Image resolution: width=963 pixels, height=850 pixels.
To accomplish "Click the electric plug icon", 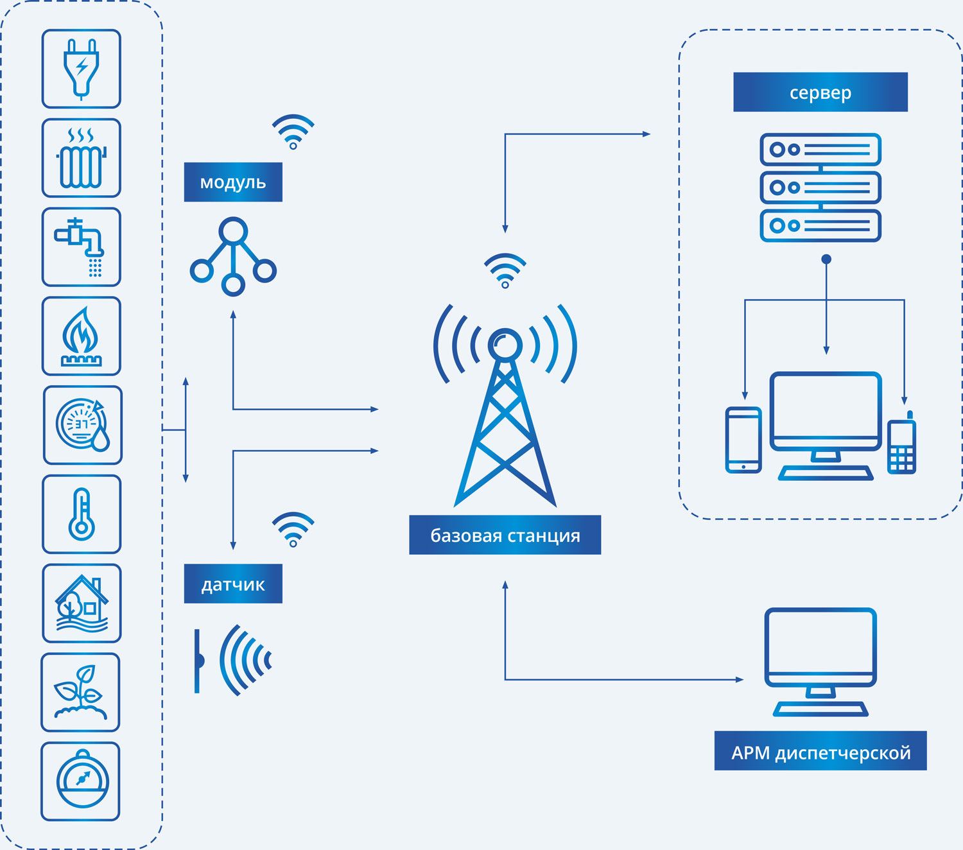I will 81,69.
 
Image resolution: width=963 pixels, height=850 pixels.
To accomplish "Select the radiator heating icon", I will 81,158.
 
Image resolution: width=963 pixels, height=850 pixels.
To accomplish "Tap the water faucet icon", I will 81,247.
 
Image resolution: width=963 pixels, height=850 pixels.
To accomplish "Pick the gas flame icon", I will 81,336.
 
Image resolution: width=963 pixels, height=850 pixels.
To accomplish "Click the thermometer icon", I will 82,514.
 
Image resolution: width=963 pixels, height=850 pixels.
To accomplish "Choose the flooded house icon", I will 82,603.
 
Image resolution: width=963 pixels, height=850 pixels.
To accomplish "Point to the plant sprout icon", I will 80,692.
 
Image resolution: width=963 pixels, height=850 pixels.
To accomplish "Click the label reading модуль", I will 233,182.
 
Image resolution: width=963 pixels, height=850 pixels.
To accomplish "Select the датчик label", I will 233,584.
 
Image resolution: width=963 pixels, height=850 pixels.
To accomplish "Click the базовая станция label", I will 505,535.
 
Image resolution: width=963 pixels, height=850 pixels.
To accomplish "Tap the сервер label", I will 820,92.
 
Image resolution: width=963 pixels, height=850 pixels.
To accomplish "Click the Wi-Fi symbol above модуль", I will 293,132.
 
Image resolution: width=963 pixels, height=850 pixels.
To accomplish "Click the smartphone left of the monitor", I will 743,440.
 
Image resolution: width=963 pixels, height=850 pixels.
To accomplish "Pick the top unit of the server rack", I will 820,150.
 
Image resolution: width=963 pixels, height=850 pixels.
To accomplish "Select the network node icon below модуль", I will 233,257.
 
